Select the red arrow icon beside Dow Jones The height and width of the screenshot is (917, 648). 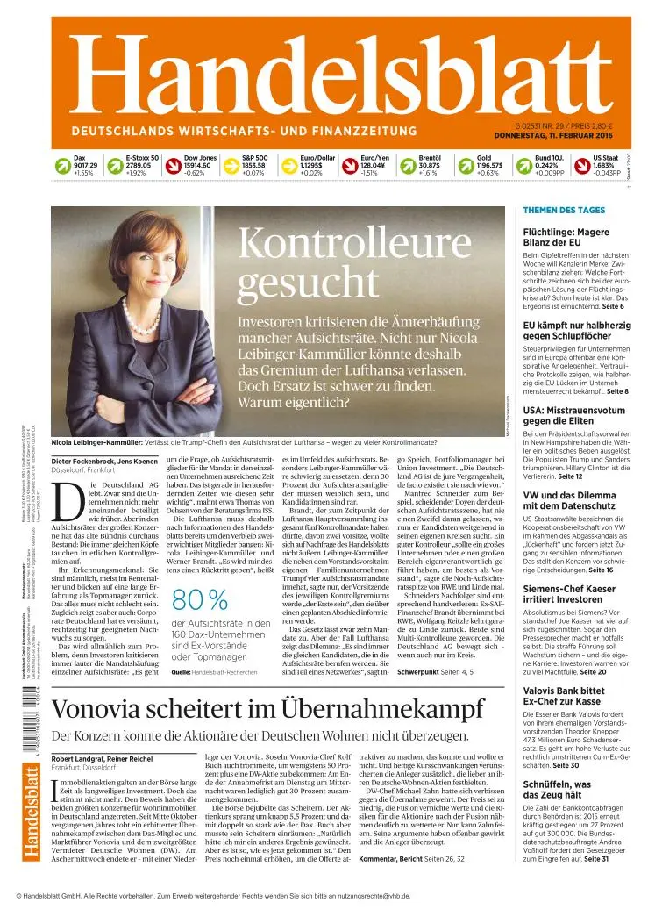[173, 165]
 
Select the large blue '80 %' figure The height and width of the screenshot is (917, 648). [201, 600]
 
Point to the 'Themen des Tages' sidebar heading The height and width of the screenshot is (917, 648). [564, 211]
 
